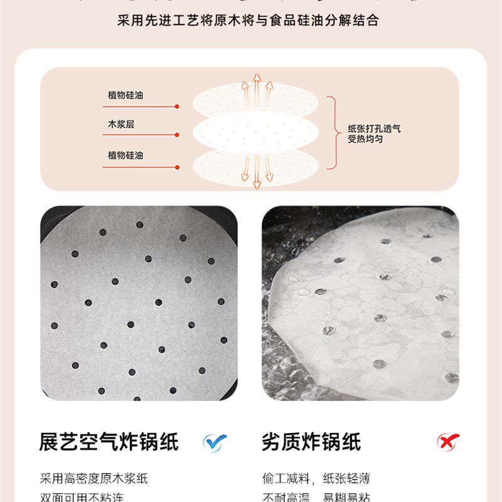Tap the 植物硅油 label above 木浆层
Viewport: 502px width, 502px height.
(x=125, y=95)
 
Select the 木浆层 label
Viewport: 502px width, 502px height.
(x=121, y=124)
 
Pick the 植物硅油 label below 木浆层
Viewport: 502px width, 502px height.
(x=125, y=155)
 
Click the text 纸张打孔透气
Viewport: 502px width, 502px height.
(x=375, y=129)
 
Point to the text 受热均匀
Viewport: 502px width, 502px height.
(x=366, y=139)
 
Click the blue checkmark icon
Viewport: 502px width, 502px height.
(x=215, y=441)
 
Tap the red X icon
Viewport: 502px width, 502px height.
(x=448, y=441)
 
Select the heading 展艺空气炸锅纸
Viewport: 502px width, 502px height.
(x=109, y=442)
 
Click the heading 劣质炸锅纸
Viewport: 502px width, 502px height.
(x=311, y=442)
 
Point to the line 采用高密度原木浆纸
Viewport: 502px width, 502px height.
(x=93, y=479)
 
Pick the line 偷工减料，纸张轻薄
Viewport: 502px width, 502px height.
(x=316, y=479)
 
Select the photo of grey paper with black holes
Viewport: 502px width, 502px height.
(x=139, y=302)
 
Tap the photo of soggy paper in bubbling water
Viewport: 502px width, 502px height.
(x=360, y=302)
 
